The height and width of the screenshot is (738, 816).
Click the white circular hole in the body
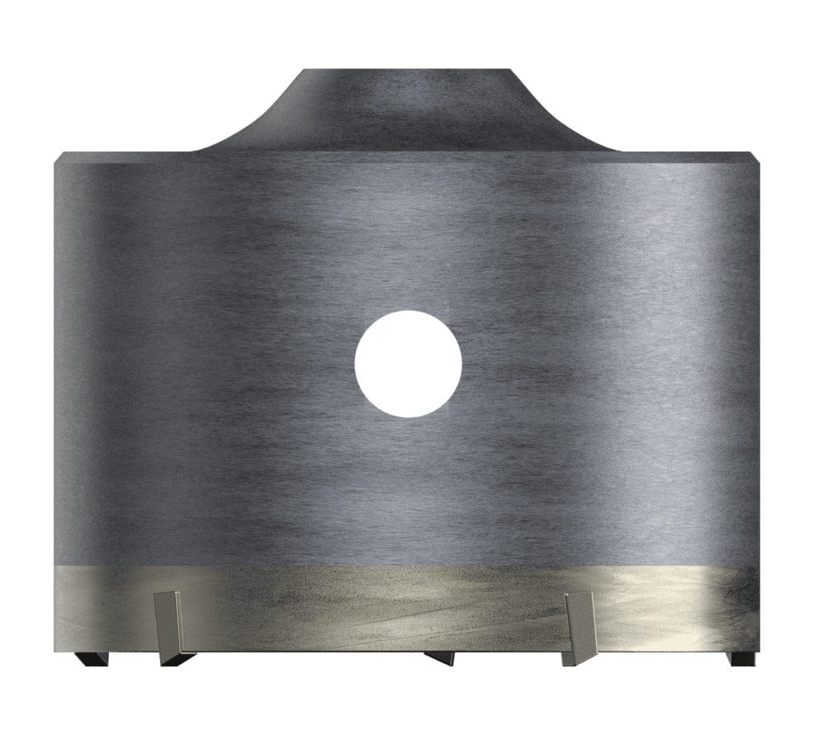(x=407, y=363)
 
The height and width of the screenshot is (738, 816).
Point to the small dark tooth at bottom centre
(x=439, y=657)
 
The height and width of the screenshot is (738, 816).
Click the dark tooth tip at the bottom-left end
(x=85, y=658)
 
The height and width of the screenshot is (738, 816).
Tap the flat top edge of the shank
(x=407, y=71)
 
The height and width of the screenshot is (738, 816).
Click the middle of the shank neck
(x=407, y=111)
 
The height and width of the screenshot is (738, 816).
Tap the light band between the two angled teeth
(x=371, y=610)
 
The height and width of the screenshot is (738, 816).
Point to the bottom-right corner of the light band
(x=757, y=649)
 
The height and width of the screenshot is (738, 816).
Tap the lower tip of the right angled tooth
(x=569, y=661)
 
